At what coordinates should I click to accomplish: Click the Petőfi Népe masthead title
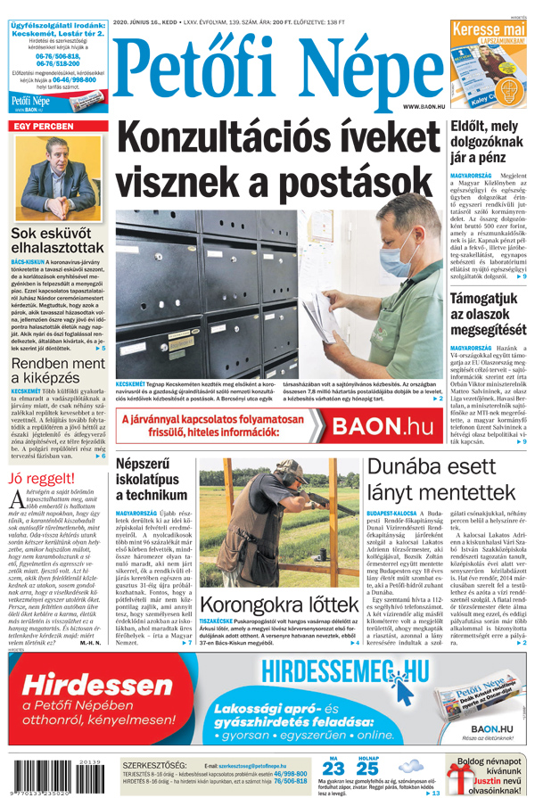point(267,67)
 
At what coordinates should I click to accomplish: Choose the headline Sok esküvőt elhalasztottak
point(56,241)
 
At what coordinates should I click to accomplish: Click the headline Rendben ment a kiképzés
point(57,371)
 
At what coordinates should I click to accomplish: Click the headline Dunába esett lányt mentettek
point(446,481)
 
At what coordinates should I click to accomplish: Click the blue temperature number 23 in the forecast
point(333,768)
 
